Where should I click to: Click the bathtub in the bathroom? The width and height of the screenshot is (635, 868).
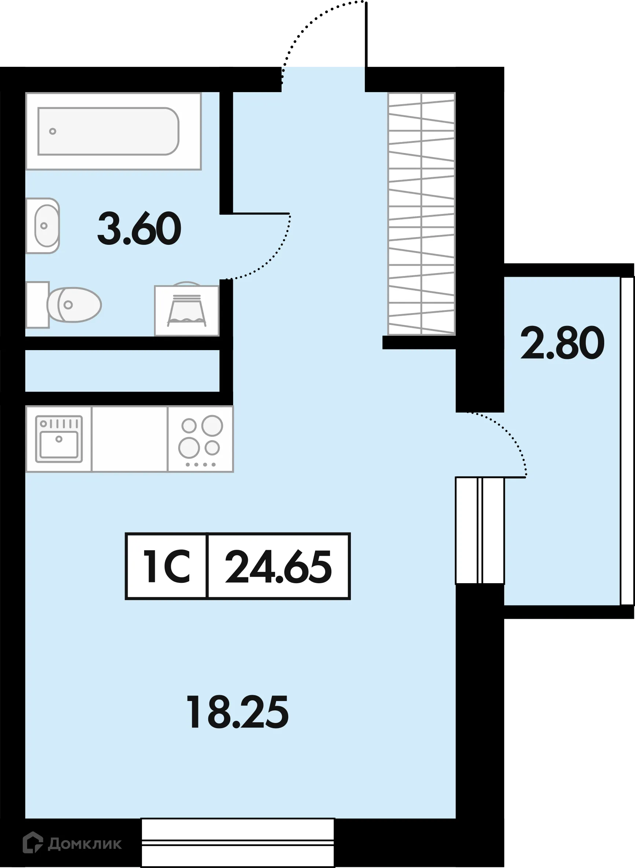[x=113, y=131]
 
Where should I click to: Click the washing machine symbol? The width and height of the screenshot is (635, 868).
[x=186, y=311]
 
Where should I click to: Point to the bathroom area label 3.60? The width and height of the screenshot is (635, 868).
[x=139, y=229]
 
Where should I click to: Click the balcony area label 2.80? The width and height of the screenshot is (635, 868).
[x=562, y=343]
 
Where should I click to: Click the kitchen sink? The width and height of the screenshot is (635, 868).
[x=59, y=439]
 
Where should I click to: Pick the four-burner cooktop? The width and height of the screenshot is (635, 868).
[x=201, y=439]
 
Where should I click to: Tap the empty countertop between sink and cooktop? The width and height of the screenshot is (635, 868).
[x=129, y=439]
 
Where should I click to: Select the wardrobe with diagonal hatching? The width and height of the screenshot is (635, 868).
[x=421, y=214]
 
